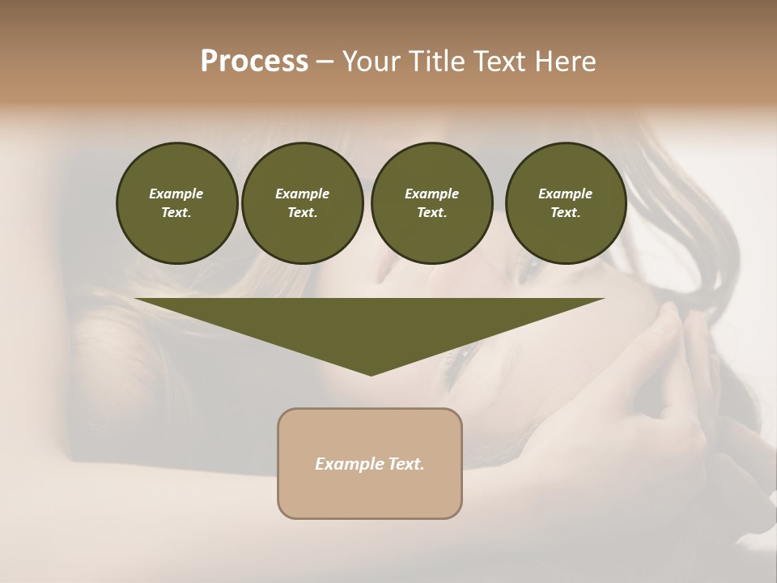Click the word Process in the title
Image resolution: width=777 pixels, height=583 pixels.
254,61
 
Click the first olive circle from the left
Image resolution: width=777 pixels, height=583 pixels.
176,202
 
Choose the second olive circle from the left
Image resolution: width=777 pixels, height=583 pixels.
302,202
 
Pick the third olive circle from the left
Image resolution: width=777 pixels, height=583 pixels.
431,202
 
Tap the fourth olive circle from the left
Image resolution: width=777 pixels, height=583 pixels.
566,202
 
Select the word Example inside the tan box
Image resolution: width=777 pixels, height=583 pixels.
345,464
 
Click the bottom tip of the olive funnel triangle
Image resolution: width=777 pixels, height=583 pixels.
371,374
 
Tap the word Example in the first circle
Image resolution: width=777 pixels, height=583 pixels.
176,194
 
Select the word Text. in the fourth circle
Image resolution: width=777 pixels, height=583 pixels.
566,212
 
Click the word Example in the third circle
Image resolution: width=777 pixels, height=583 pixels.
431,194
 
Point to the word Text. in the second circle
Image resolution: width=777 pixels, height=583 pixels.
302,212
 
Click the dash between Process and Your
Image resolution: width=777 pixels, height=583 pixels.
325,62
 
